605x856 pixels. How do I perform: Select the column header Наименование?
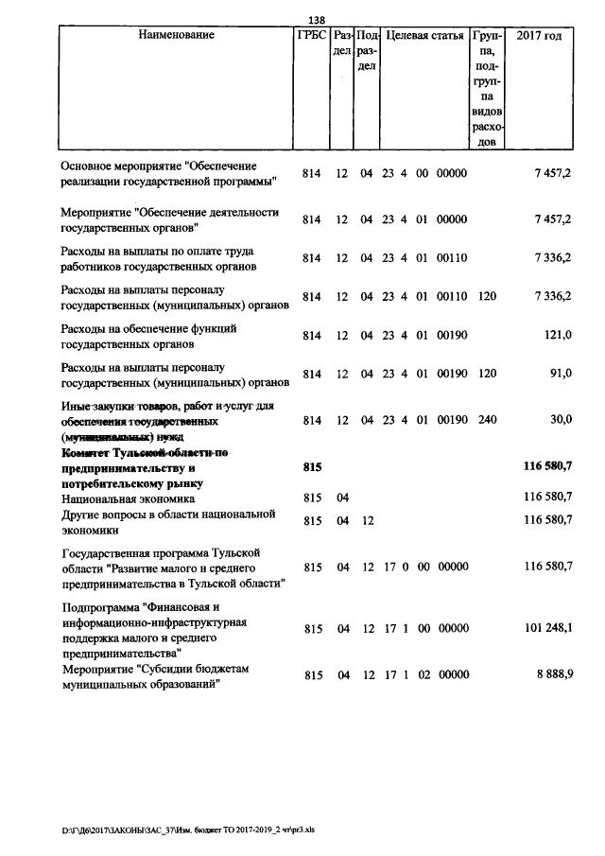point(176,36)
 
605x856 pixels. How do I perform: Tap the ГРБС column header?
point(312,36)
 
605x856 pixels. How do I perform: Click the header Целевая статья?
point(424,36)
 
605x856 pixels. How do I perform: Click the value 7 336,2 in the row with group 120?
point(552,296)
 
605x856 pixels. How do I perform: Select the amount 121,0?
point(558,335)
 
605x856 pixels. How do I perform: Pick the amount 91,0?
point(562,374)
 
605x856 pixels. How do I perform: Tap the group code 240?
point(487,419)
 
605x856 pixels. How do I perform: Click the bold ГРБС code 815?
point(312,467)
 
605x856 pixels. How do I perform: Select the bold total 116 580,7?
point(547,467)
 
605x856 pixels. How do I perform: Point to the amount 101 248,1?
point(547,628)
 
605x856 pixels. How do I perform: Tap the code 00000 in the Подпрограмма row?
point(453,628)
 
